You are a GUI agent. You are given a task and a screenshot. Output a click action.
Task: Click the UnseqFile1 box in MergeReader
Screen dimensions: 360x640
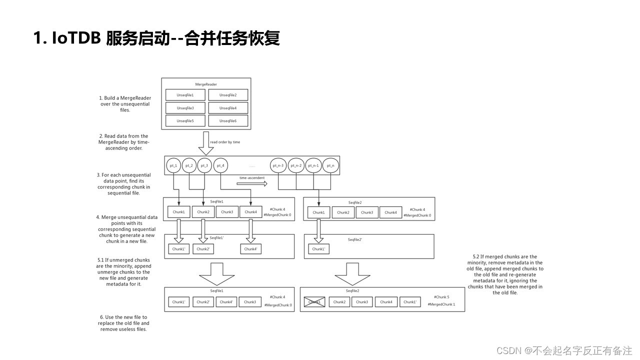click(x=185, y=95)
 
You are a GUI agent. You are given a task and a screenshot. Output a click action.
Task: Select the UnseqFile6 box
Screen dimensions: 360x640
click(x=228, y=121)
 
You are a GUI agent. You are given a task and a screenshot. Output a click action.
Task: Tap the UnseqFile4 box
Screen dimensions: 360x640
click(x=228, y=108)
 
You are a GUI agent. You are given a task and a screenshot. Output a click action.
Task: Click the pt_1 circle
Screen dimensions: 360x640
click(x=174, y=165)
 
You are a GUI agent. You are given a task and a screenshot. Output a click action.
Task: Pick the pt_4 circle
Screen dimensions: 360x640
click(x=220, y=165)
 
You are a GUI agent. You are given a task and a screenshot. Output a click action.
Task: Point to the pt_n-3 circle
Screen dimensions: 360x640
click(x=278, y=165)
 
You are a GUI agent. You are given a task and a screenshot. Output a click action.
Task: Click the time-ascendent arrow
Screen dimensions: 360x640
click(x=252, y=183)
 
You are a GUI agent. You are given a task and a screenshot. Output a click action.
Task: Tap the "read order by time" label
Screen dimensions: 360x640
click(x=225, y=142)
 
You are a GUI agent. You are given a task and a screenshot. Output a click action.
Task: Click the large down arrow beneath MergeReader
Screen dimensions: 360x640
click(x=205, y=143)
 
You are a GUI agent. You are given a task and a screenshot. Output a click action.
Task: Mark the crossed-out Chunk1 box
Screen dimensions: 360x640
click(x=315, y=302)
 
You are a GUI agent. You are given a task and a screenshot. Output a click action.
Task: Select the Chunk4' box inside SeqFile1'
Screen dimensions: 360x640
click(x=251, y=248)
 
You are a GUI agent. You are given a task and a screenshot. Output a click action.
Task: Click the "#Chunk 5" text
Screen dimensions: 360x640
click(x=441, y=297)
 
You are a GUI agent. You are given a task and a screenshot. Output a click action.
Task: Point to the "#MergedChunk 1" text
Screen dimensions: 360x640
click(x=441, y=304)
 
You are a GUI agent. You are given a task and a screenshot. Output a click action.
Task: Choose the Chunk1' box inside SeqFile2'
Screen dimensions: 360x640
click(x=318, y=248)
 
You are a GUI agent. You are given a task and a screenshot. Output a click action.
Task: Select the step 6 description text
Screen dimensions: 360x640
click(x=123, y=323)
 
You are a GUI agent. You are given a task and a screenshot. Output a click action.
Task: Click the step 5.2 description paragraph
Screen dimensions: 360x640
click(x=504, y=274)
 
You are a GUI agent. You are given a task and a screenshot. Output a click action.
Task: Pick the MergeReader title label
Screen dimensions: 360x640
click(x=206, y=84)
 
